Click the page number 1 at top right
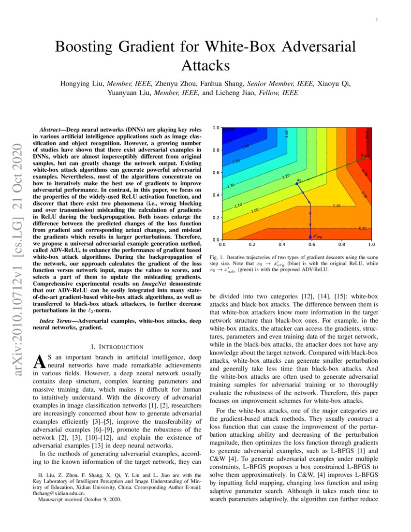coord(377,19)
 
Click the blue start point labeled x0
coord(296,183)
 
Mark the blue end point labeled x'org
coord(310,237)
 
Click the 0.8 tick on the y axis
coord(216,150)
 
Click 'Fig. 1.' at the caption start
coord(215,257)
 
